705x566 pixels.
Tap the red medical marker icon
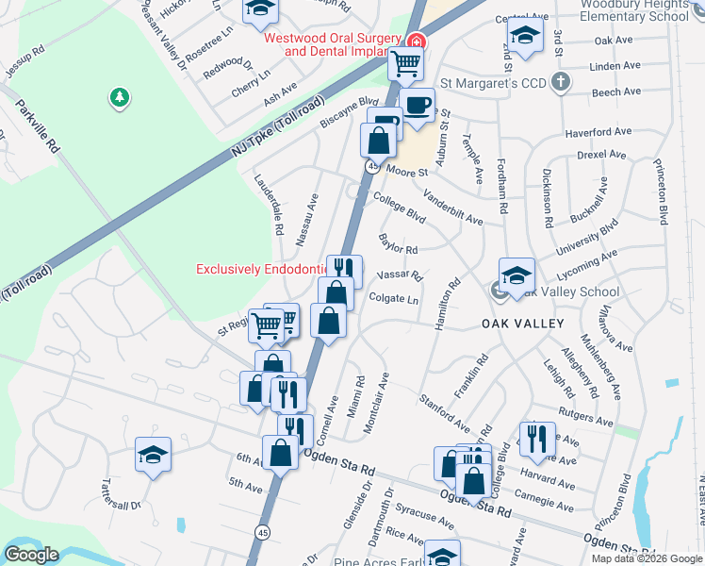416,42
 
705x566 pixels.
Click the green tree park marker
119,97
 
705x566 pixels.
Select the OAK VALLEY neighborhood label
522,324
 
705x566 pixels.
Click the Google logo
31,555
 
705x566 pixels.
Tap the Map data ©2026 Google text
647,558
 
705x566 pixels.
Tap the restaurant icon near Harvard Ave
536,437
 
